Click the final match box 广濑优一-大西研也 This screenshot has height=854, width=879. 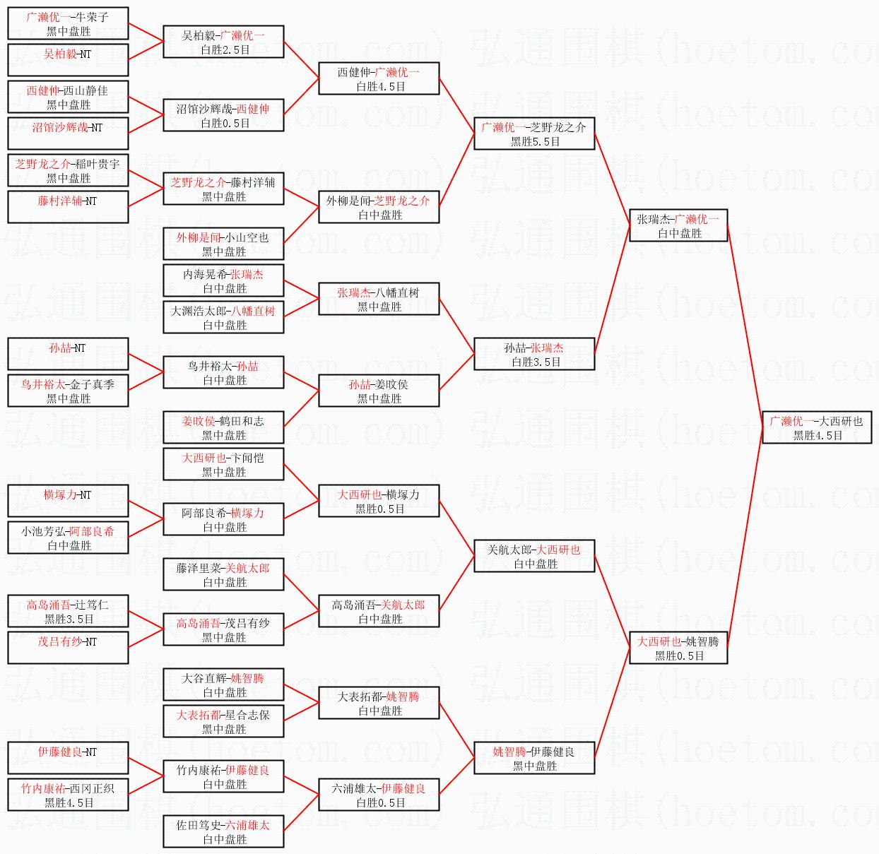click(817, 428)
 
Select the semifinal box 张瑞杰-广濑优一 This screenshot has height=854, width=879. click(678, 226)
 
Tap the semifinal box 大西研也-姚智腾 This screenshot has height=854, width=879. click(678, 648)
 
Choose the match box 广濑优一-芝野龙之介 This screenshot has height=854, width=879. click(534, 134)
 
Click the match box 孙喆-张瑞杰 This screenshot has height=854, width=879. click(534, 355)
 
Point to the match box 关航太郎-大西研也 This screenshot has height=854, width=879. click(534, 557)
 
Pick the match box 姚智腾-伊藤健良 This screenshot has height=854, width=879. click(534, 759)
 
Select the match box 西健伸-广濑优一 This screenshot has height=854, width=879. click(379, 79)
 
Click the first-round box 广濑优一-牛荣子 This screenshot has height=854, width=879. click(68, 24)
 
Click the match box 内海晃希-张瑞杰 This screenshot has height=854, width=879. click(223, 281)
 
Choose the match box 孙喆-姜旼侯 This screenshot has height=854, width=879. click(379, 391)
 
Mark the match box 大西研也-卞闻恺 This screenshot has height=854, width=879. click(223, 465)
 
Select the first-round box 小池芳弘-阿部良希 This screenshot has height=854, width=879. click(68, 538)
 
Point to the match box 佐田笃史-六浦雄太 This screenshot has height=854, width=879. click(223, 832)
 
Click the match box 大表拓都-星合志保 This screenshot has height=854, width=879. click(223, 722)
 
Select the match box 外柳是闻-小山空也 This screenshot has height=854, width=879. click(223, 244)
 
